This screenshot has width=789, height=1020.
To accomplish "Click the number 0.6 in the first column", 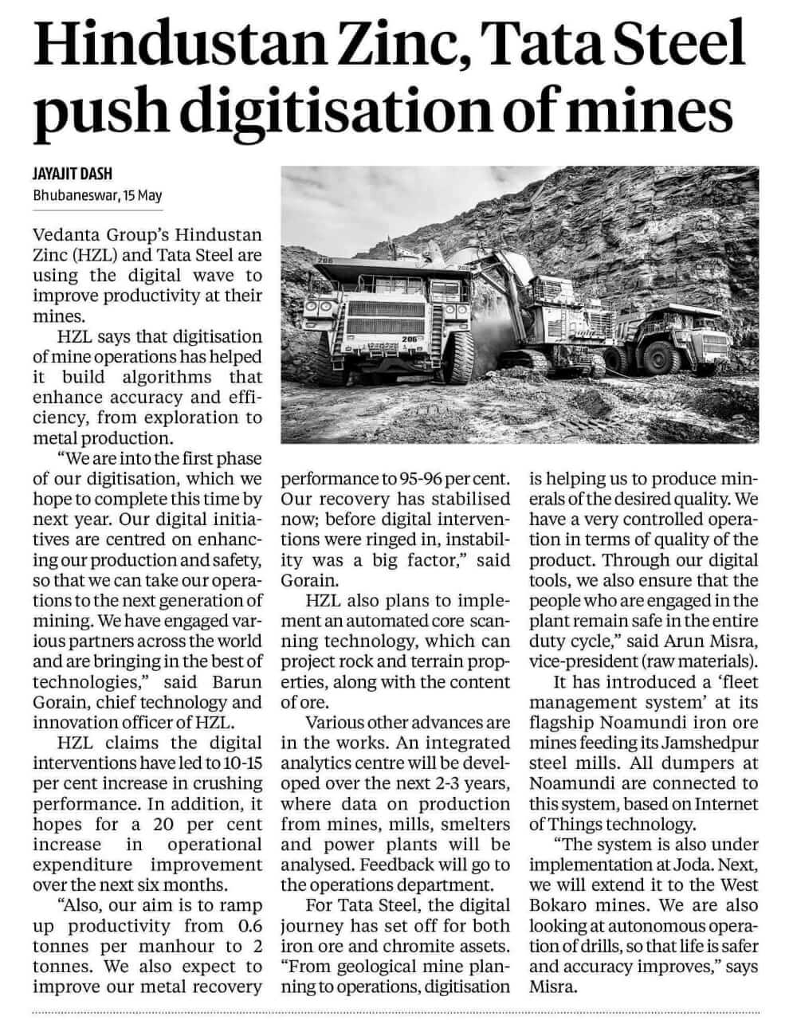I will [244, 925].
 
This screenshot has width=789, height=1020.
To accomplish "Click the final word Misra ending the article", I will [548, 987].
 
